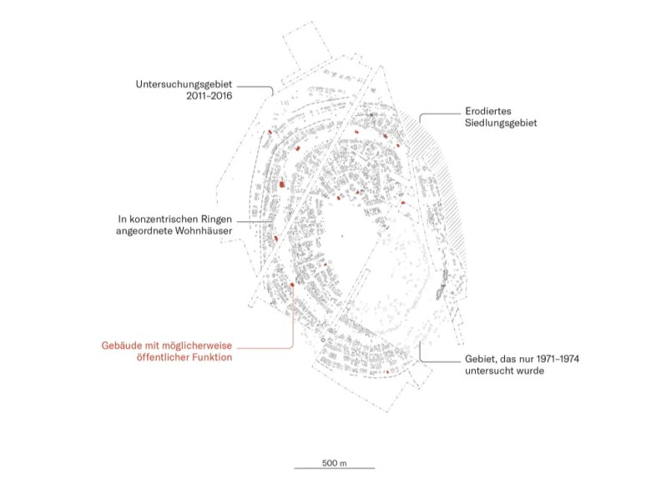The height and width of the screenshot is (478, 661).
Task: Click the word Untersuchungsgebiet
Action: pyautogui.click(x=184, y=84)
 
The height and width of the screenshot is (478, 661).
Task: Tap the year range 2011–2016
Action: pyautogui.click(x=209, y=96)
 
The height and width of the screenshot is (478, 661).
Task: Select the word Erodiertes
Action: pyautogui.click(x=488, y=111)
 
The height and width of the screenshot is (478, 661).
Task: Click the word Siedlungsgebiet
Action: pyautogui.click(x=502, y=123)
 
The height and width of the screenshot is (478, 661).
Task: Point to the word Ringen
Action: pyautogui.click(x=216, y=219)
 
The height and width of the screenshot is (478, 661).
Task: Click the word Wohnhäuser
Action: pyautogui.click(x=204, y=231)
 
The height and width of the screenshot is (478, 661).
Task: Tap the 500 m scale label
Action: pyautogui.click(x=335, y=463)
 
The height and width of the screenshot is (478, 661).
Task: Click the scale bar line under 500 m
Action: pyautogui.click(x=335, y=468)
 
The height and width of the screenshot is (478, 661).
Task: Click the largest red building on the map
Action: pyautogui.click(x=282, y=184)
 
